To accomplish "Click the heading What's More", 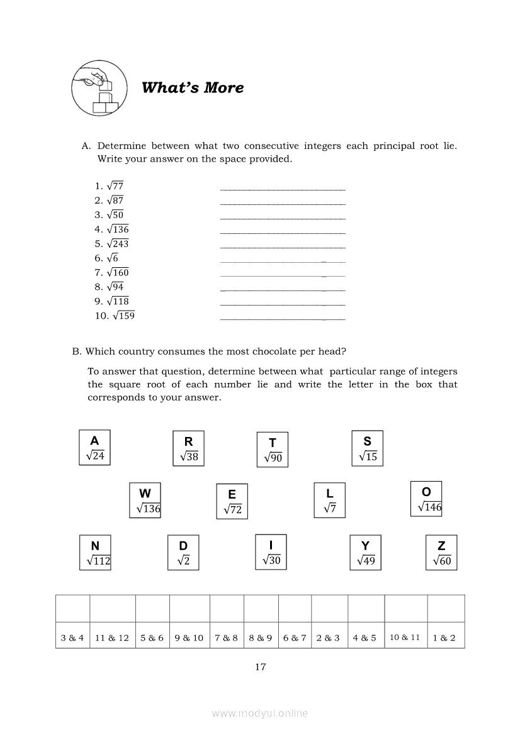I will click(193, 87).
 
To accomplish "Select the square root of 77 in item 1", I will click(115, 186).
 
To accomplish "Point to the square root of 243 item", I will click(118, 244).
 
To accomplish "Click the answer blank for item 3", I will click(283, 218).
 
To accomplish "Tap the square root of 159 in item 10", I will click(123, 316).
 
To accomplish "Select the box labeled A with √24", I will click(94, 448).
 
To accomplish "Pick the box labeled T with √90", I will click(273, 450).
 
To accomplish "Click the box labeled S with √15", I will click(367, 448).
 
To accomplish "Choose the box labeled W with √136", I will click(145, 500).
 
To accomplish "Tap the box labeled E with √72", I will click(232, 502).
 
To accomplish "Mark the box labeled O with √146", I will click(426, 499).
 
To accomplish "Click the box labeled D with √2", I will click(183, 553).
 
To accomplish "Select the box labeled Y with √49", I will click(365, 553).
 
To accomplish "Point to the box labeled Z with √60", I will click(441, 553).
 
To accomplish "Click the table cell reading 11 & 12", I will click(112, 638).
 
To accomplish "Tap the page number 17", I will click(260, 667).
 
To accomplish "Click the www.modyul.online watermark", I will click(260, 714).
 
